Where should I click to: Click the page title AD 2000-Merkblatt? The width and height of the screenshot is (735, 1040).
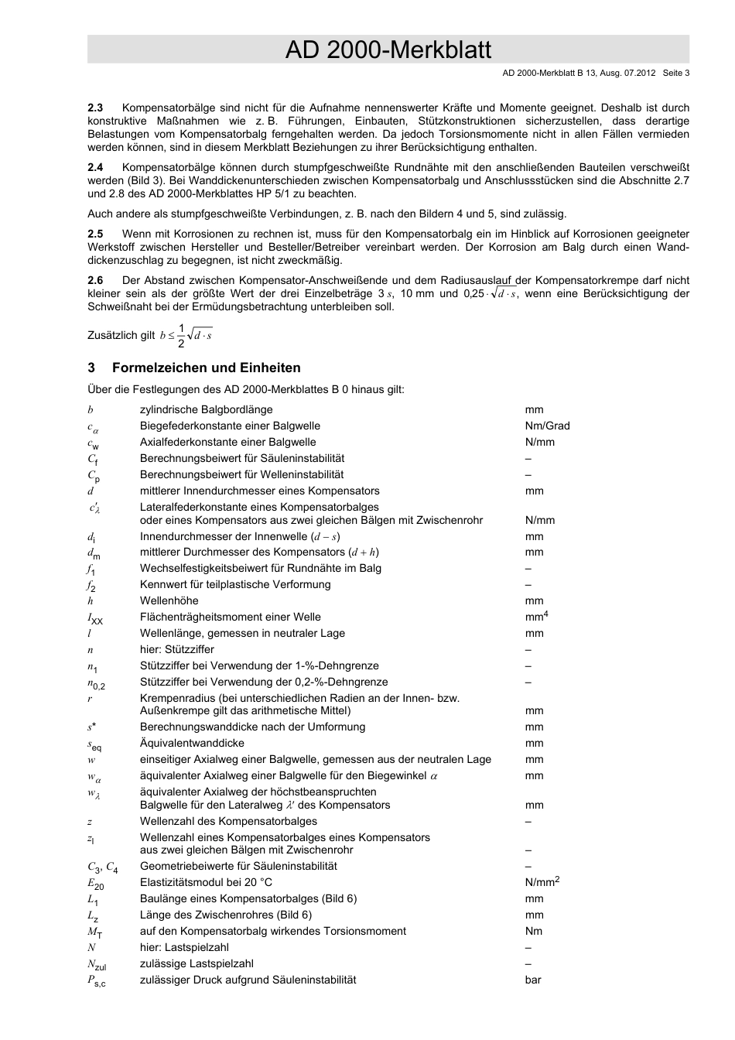(x=388, y=50)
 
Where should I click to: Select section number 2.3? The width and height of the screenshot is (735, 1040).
(x=95, y=108)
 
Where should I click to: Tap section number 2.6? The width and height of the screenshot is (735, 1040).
(x=95, y=280)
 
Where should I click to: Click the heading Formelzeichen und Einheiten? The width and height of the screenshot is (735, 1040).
(x=206, y=368)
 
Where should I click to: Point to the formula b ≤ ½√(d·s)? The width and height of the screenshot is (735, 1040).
(x=186, y=335)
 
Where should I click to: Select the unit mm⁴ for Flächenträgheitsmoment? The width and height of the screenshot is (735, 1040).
(x=536, y=617)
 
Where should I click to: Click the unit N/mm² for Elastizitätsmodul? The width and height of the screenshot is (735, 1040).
(x=542, y=882)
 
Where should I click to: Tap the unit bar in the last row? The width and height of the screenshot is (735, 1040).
(x=533, y=980)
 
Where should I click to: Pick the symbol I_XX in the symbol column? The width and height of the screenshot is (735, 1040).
(x=95, y=618)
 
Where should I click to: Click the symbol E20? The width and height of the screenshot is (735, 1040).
(x=95, y=884)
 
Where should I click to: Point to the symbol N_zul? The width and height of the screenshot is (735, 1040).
(x=97, y=965)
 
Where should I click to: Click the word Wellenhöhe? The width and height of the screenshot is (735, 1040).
(x=169, y=600)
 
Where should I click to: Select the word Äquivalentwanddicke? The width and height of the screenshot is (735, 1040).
(x=192, y=743)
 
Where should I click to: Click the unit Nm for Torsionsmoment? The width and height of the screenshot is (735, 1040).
(x=533, y=931)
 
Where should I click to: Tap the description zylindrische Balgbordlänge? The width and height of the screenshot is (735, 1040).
(x=206, y=409)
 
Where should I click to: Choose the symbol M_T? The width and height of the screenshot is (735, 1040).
(x=95, y=932)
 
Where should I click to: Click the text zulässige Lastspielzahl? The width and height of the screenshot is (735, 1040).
(x=197, y=963)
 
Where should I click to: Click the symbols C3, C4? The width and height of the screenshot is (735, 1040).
(x=103, y=867)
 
